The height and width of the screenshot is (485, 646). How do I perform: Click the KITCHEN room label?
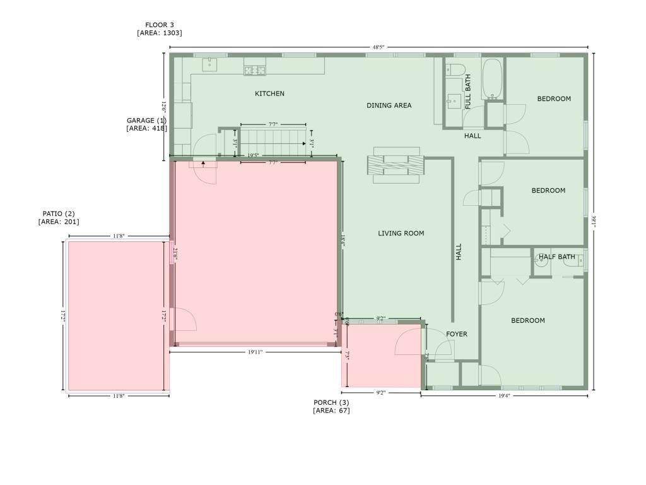click(269, 93)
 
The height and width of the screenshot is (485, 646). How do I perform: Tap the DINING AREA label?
click(389, 105)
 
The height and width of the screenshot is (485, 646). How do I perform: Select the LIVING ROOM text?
click(401, 234)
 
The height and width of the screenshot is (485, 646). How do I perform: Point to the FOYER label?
click(457, 334)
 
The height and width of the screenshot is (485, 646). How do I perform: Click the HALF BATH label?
click(557, 257)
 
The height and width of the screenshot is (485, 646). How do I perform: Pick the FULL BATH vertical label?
click(468, 92)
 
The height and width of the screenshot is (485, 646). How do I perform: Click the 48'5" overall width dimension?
click(379, 47)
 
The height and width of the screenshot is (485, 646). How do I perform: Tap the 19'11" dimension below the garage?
click(254, 352)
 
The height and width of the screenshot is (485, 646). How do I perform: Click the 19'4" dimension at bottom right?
click(503, 396)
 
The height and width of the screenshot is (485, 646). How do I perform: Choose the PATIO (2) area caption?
click(59, 218)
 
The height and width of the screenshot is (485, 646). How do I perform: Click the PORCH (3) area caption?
click(331, 407)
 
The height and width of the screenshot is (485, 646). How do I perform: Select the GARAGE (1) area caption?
click(146, 124)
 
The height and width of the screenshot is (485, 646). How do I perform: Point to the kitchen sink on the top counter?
click(209, 64)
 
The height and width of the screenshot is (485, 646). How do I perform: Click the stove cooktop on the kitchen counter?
click(255, 70)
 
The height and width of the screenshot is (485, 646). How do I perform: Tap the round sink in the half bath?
click(541, 266)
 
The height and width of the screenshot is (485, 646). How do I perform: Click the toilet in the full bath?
click(455, 69)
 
